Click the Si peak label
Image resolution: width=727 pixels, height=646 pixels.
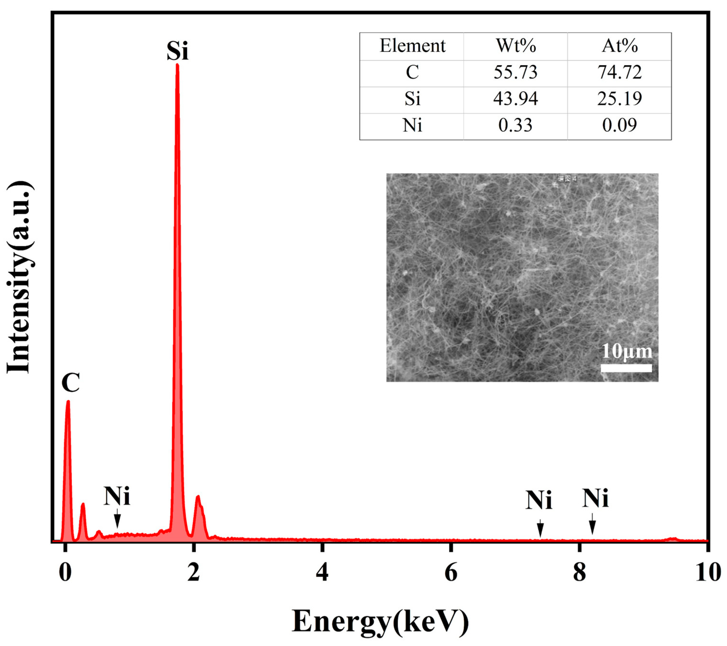(177, 51)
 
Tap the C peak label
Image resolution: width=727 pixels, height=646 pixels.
(70, 383)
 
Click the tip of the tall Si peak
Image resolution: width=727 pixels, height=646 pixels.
(177, 65)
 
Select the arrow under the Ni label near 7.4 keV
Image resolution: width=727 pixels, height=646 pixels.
(540, 528)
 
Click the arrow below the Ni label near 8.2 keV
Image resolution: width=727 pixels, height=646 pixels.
(592, 524)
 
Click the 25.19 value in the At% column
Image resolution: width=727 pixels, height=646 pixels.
(619, 99)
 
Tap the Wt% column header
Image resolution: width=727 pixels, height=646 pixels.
(515, 46)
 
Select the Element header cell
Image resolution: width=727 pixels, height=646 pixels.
(412, 46)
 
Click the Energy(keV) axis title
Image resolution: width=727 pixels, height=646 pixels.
(380, 621)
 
